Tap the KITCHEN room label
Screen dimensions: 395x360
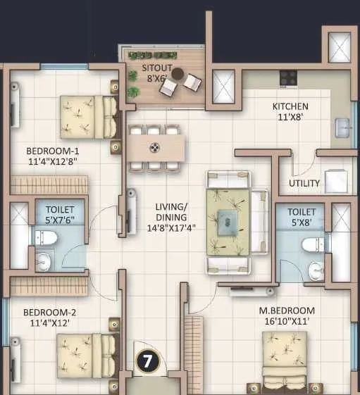point(290,107)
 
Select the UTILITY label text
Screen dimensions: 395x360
point(304,184)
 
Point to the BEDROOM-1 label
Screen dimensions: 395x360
point(52,151)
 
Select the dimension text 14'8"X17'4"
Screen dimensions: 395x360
point(172,228)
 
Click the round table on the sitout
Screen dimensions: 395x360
point(176,72)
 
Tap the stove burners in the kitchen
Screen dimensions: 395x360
point(288,77)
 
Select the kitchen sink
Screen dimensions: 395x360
point(342,128)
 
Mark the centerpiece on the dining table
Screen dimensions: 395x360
point(155,148)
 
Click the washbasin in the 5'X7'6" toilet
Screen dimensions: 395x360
point(43,263)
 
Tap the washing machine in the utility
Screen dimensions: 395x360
point(335,181)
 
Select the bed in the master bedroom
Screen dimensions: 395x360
point(284,359)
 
